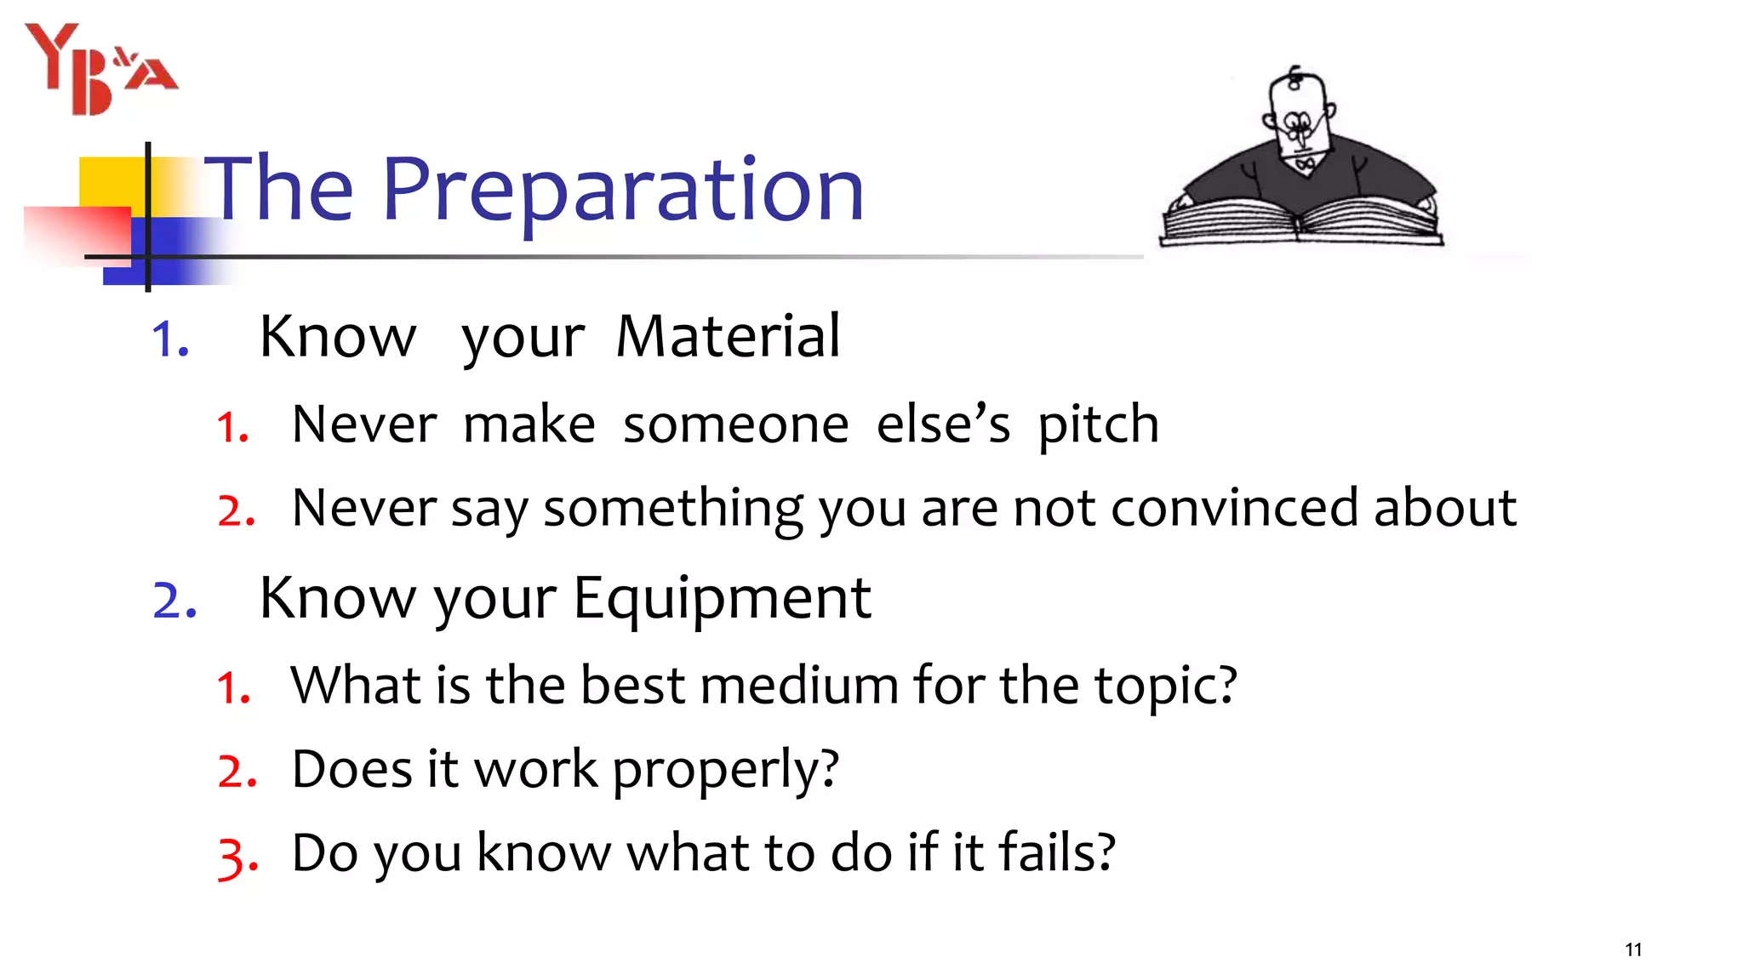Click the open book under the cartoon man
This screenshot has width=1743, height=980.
(x=1300, y=223)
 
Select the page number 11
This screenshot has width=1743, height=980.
(x=1632, y=949)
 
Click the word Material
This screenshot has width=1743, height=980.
(x=728, y=336)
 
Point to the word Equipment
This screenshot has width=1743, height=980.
(x=722, y=598)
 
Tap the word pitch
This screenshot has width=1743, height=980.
(x=1098, y=424)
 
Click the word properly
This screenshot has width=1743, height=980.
(x=725, y=770)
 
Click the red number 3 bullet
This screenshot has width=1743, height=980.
(x=236, y=856)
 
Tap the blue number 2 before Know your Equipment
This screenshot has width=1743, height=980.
(x=174, y=601)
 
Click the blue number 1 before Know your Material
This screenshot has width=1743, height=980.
(x=169, y=339)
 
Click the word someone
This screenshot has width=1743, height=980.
(x=735, y=424)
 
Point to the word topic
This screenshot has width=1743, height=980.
(x=1164, y=687)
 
